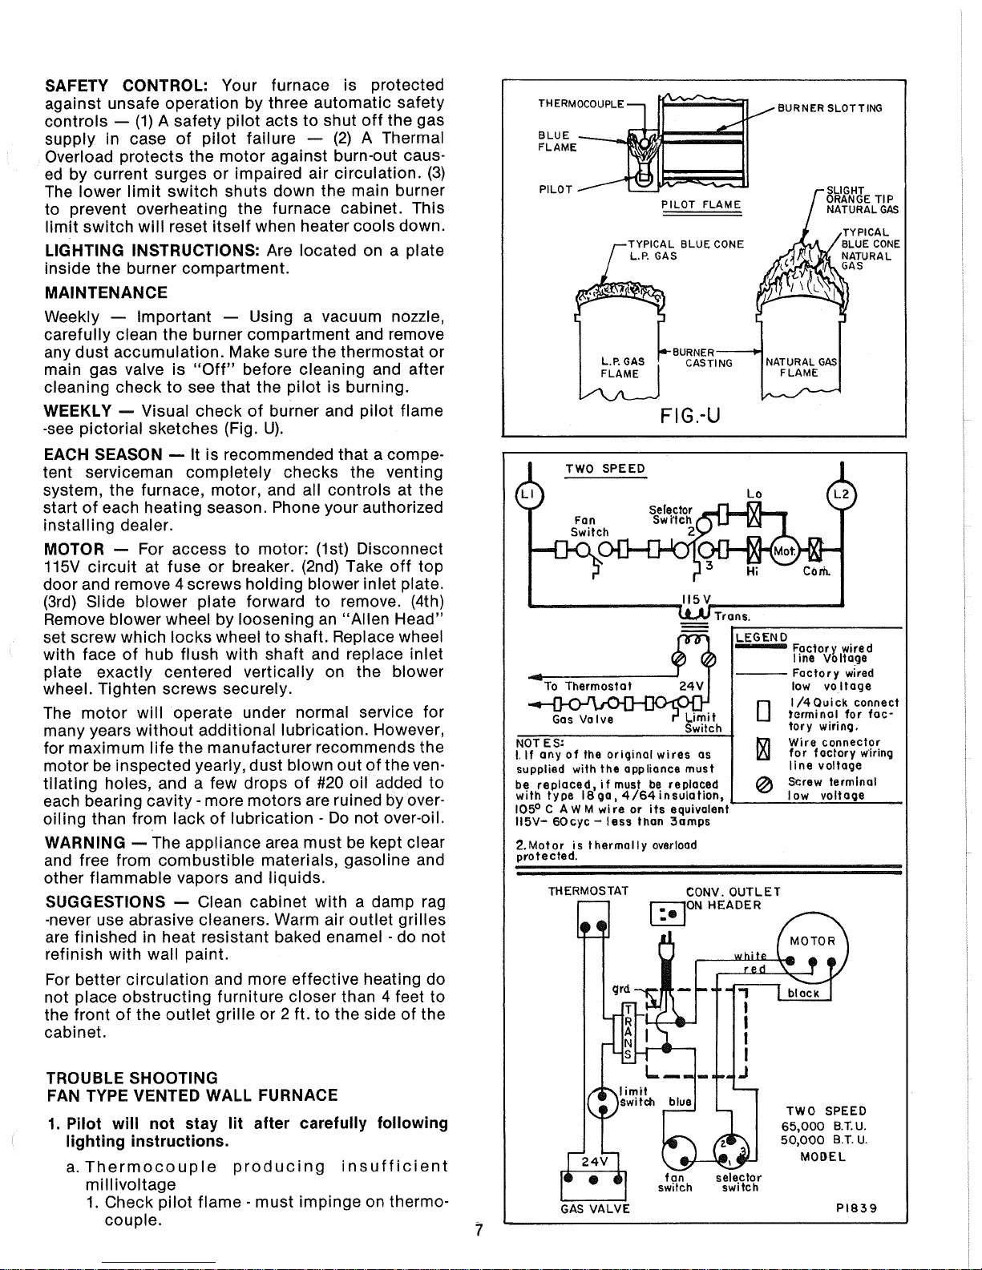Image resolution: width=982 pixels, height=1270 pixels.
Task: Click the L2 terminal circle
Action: click(x=842, y=494)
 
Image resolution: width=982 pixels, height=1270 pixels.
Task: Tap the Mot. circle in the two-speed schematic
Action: click(x=784, y=550)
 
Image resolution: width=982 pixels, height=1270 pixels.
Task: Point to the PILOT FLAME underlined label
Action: click(x=701, y=204)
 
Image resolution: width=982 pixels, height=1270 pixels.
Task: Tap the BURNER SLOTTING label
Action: click(x=830, y=108)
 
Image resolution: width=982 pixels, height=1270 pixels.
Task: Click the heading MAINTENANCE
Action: click(x=106, y=292)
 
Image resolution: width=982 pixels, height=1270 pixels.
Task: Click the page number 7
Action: click(x=479, y=1231)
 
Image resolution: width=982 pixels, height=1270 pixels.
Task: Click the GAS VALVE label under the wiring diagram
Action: click(x=595, y=1208)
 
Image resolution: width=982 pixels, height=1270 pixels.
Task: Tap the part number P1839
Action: click(x=856, y=1208)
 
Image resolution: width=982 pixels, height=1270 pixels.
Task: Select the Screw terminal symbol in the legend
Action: click(x=764, y=787)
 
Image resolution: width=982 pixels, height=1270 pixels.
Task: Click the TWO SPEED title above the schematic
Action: click(x=605, y=470)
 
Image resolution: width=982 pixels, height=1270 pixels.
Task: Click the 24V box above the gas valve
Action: click(x=593, y=1161)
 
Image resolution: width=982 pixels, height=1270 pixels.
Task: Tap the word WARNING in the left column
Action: click(x=85, y=843)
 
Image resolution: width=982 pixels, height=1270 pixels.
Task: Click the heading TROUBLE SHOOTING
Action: click(x=132, y=1078)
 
